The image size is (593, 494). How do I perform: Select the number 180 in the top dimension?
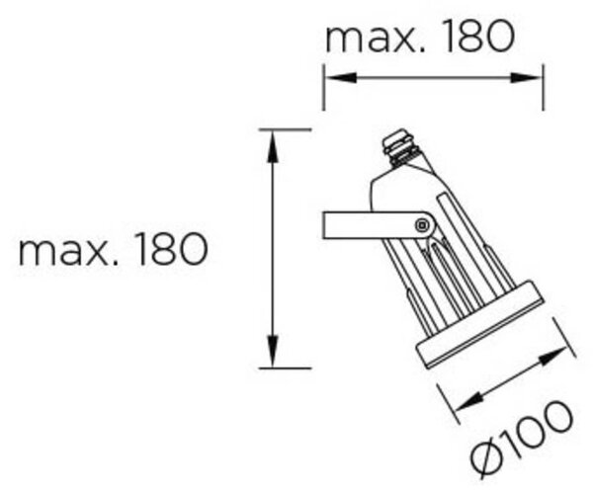click(x=479, y=36)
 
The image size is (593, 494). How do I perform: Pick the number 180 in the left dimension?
click(x=173, y=249)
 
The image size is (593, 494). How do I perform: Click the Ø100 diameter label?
click(x=521, y=440)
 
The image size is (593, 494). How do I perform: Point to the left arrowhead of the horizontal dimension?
click(x=341, y=78)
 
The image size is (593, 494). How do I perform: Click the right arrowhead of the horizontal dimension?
click(x=526, y=78)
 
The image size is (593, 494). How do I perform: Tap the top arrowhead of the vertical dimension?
click(x=273, y=146)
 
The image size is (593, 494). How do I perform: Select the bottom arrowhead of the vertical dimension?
click(x=273, y=351)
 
